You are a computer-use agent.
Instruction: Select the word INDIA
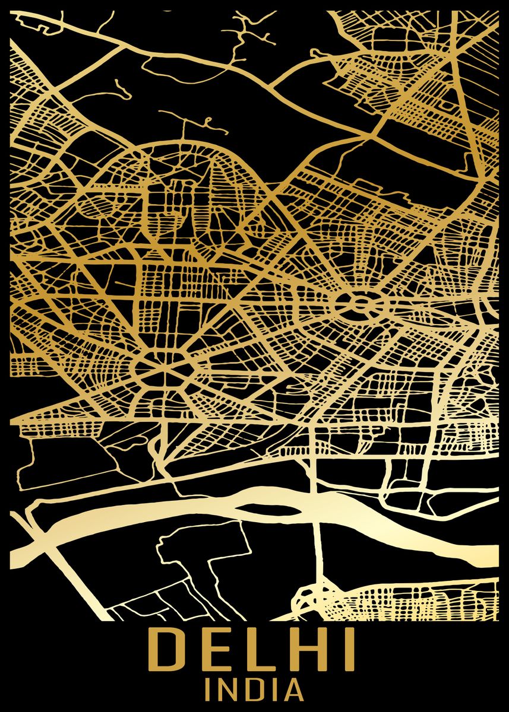254,691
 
